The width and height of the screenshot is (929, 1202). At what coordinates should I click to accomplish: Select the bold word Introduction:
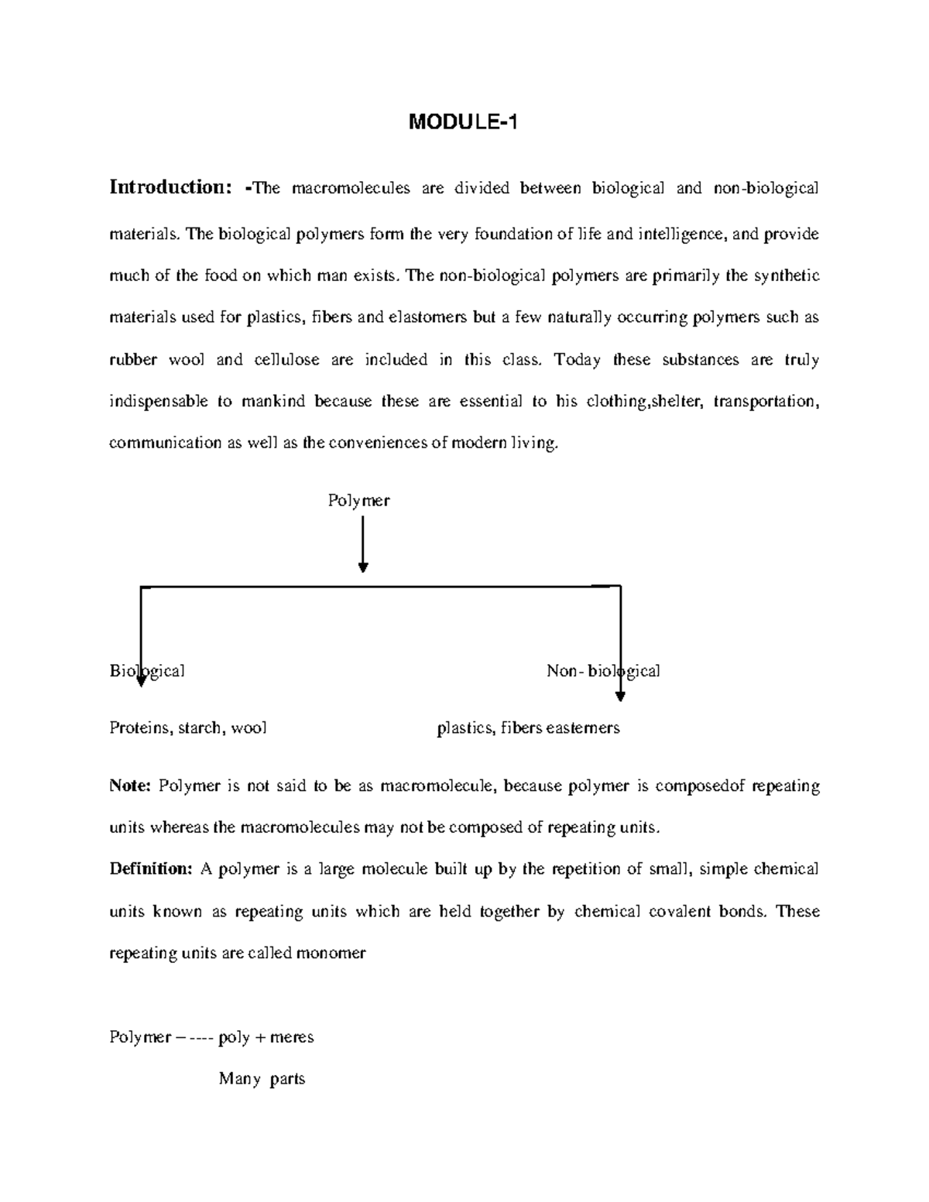[170, 187]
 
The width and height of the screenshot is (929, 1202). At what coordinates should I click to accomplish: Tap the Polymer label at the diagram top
[358, 501]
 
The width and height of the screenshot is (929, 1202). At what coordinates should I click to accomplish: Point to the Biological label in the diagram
[147, 671]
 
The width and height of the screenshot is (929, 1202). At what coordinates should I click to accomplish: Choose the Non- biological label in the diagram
[603, 671]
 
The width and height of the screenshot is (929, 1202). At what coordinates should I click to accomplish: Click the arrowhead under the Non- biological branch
[620, 695]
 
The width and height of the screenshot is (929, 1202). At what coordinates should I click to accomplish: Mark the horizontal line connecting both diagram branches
[379, 587]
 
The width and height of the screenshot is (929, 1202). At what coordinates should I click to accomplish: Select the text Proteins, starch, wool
[188, 728]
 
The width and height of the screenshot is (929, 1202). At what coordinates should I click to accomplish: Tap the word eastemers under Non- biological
[582, 728]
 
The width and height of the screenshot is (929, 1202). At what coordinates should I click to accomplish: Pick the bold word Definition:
[150, 869]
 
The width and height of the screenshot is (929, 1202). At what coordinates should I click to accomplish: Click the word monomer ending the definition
[336, 953]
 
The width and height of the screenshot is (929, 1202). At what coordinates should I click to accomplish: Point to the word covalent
[684, 912]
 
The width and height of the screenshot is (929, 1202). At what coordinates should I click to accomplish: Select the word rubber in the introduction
[133, 360]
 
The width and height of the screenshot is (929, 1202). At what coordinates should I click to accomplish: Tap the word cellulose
[286, 360]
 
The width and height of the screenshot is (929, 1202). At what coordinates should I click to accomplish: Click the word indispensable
[159, 402]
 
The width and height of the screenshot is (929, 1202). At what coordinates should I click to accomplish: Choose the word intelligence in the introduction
[682, 235]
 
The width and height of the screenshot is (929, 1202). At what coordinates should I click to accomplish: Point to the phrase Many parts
[262, 1079]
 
